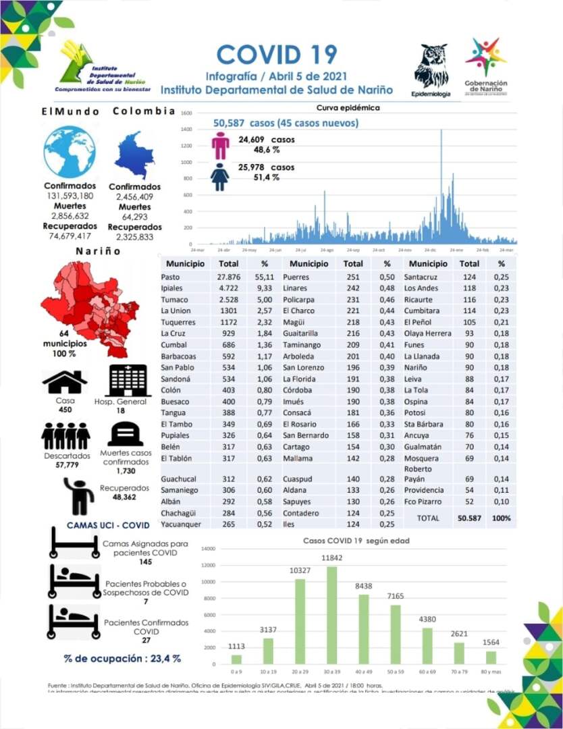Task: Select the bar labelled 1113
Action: tap(236, 659)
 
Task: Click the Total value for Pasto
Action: tap(229, 277)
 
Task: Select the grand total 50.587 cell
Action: tap(468, 518)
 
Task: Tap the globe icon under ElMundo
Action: tap(70, 152)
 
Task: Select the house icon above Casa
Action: tap(65, 383)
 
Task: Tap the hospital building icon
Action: tap(127, 381)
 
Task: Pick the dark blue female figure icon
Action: tap(220, 176)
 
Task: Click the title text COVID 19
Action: tap(277, 54)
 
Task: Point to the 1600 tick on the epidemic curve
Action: tap(187, 113)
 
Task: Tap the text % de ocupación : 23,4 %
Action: tap(122, 658)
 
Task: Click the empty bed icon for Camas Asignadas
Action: tap(74, 543)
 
